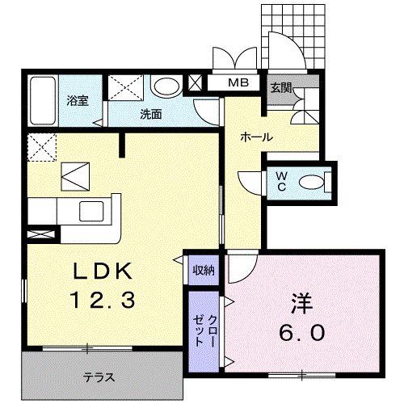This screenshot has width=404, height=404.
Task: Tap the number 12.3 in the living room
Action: pyautogui.click(x=102, y=300)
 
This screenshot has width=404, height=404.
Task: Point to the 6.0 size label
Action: pyautogui.click(x=303, y=332)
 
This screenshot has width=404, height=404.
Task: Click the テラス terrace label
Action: pyautogui.click(x=98, y=377)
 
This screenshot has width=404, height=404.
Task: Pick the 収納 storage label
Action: pyautogui.click(x=204, y=270)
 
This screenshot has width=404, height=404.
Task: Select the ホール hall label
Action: pyautogui.click(x=255, y=137)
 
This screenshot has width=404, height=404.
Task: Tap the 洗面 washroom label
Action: pyautogui.click(x=151, y=114)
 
